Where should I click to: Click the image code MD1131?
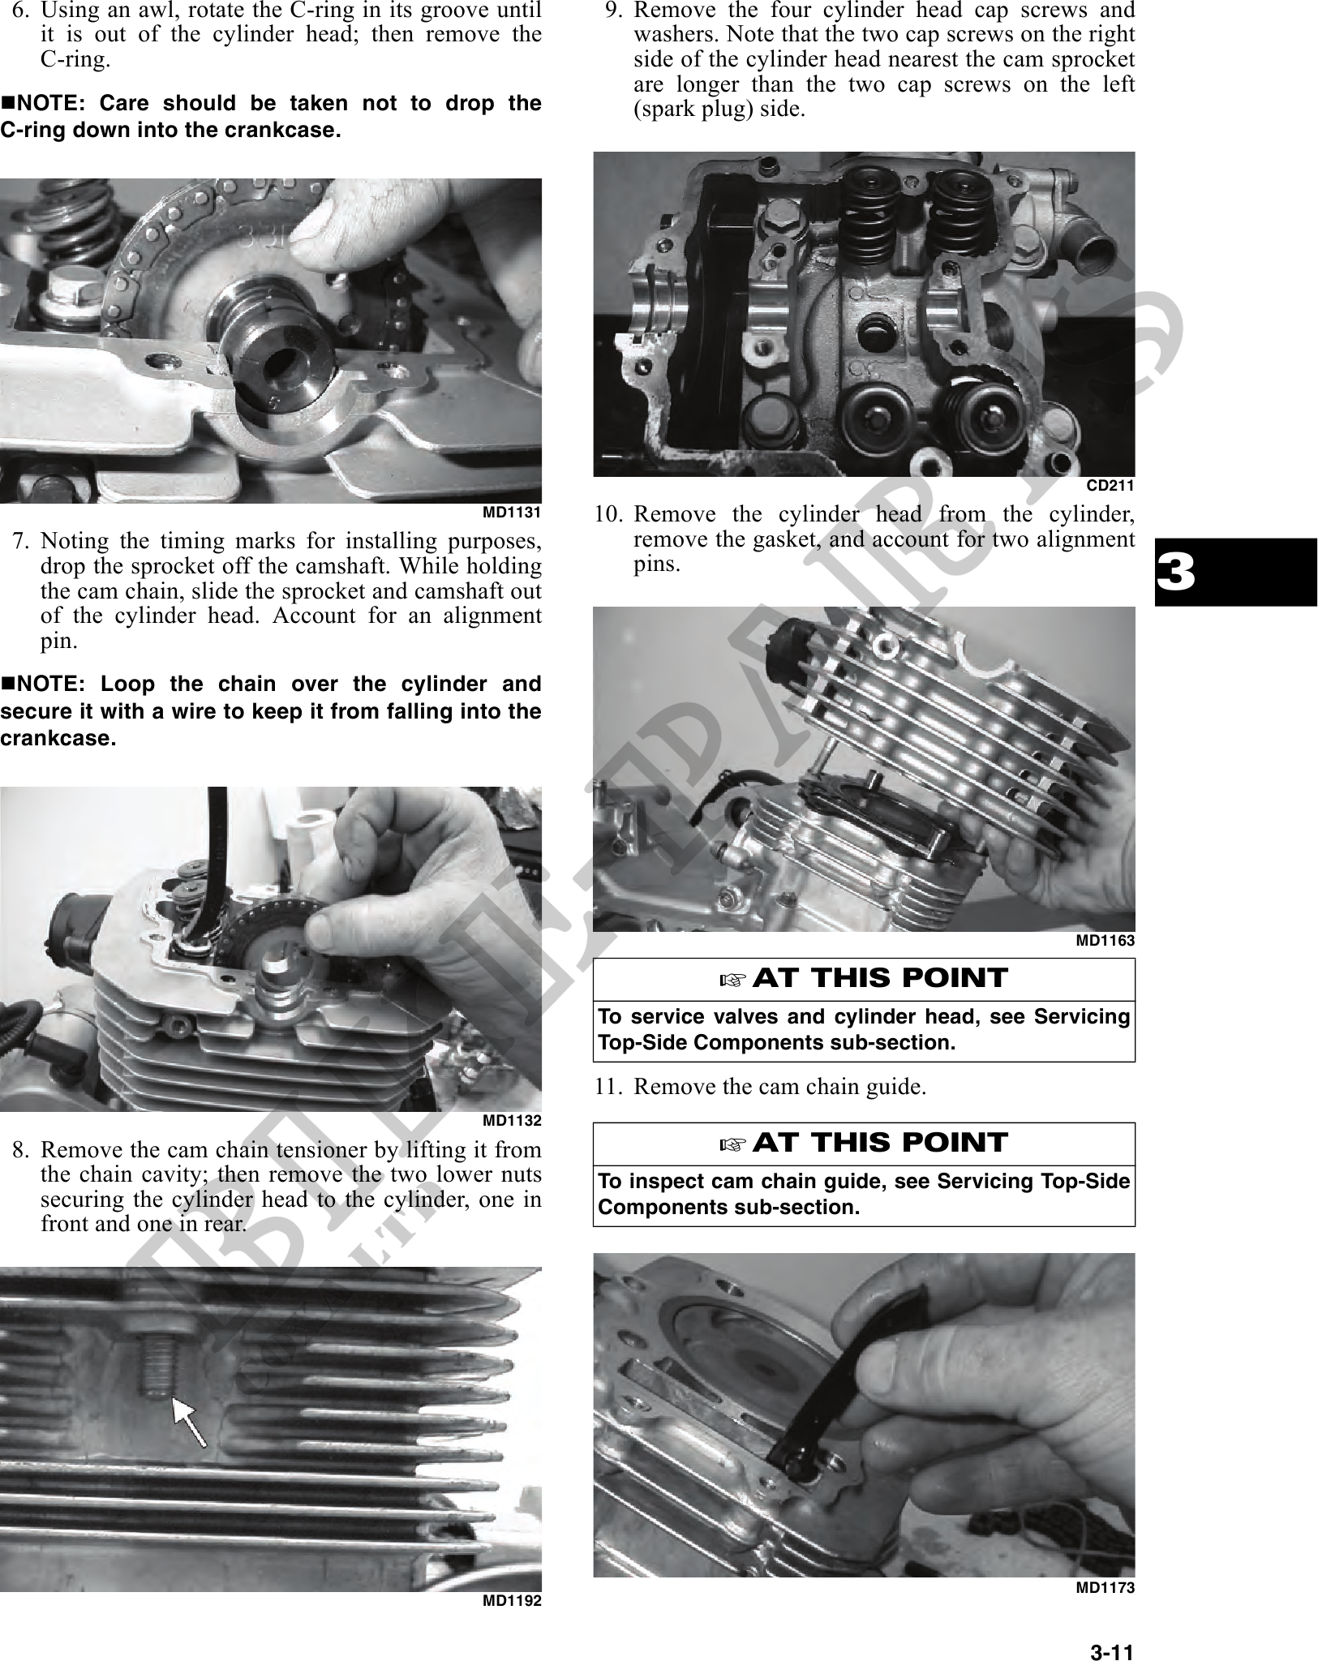[512, 513]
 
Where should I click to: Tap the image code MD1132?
[512, 1122]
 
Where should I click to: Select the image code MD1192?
[512, 1600]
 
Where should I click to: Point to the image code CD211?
[1110, 486]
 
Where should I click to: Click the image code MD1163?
[1105, 941]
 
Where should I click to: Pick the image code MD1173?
[1105, 1588]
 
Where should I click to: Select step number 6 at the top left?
[22, 11]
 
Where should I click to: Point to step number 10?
[608, 515]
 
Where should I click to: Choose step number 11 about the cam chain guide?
[608, 1087]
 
